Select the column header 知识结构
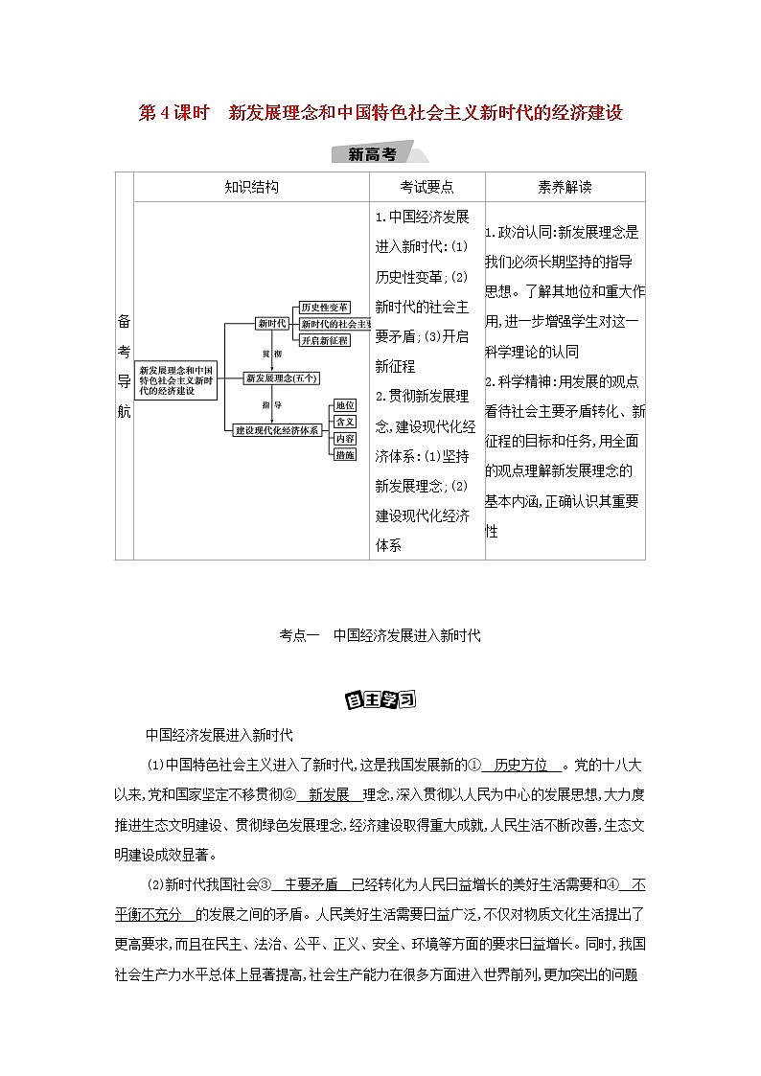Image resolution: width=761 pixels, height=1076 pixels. point(251,188)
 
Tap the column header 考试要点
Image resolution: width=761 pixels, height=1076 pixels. point(427,188)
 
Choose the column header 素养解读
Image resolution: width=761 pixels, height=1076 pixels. point(565,188)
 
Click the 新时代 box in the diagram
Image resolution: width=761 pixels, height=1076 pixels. point(271,324)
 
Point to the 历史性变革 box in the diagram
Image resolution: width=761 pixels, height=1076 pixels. point(322,308)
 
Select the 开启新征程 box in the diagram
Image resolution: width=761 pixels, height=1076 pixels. point(323,340)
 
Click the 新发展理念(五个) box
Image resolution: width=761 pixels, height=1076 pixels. point(281,378)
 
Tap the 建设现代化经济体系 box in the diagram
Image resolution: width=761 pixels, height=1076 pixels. point(277,430)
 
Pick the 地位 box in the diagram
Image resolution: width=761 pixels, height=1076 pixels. point(345,405)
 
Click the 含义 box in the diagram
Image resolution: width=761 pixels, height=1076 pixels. point(345,422)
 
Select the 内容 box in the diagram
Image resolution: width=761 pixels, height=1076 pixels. point(345,438)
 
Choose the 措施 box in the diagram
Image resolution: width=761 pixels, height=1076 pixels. point(345,454)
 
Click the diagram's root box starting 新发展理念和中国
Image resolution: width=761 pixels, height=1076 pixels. point(177,379)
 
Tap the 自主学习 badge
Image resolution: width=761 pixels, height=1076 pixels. point(380,698)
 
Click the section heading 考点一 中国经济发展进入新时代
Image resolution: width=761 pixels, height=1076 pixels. point(380,635)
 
